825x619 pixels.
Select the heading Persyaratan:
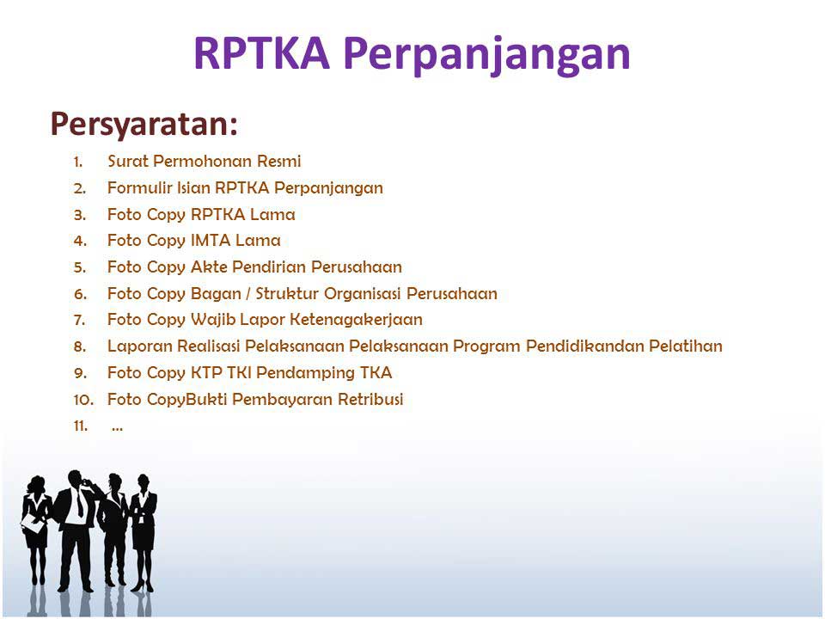[144, 124]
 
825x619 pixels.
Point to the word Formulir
[133, 187]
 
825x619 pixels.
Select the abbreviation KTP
[205, 373]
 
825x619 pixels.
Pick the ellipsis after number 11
[117, 426]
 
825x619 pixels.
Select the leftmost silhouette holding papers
[37, 529]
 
